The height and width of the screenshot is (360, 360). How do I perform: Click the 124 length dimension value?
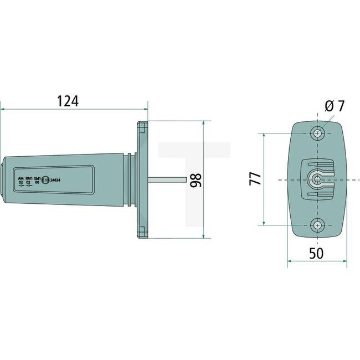tap(67, 101)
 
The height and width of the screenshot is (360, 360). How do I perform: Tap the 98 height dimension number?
tap(195, 179)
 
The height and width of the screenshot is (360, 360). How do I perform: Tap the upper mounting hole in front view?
tap(317, 133)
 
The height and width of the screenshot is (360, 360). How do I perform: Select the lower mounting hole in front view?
tap(317, 224)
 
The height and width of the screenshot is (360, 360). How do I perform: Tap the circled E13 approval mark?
tap(47, 179)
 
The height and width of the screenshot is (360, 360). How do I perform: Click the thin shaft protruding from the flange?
tap(166, 179)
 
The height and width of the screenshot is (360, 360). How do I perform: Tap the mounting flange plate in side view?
tap(142, 179)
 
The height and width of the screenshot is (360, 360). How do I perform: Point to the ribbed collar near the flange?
tap(130, 179)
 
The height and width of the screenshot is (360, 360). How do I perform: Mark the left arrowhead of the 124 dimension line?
tap(3, 109)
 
